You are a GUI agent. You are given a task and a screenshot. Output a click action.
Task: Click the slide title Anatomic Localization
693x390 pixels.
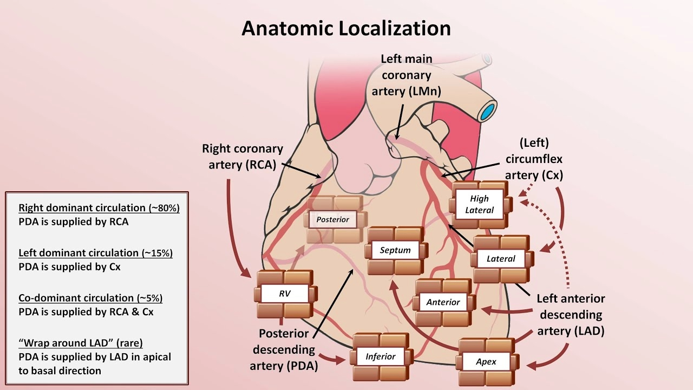pyautogui.click(x=346, y=28)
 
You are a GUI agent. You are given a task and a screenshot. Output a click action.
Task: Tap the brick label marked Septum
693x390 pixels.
pyautogui.click(x=395, y=250)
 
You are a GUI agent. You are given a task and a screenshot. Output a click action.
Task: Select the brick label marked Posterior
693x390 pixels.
pyautogui.click(x=333, y=219)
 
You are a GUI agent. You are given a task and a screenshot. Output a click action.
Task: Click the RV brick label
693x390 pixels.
pyautogui.click(x=285, y=294)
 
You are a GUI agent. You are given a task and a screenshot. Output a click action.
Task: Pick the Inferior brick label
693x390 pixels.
pyautogui.click(x=381, y=356)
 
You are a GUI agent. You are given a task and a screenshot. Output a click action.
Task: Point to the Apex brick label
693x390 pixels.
pyautogui.click(x=486, y=361)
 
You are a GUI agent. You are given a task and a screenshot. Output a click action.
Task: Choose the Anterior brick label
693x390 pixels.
pyautogui.click(x=443, y=302)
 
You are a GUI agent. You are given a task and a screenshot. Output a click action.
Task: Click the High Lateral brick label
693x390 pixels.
pyautogui.click(x=479, y=204)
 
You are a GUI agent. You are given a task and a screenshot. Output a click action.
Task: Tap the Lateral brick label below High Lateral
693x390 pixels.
pyautogui.click(x=501, y=258)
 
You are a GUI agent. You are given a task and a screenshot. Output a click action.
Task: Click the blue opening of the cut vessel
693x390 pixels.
pyautogui.click(x=488, y=111)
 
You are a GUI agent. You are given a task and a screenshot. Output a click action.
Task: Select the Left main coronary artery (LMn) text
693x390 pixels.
pyautogui.click(x=406, y=75)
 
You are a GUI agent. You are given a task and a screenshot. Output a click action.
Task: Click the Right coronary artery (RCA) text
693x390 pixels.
pyautogui.click(x=243, y=156)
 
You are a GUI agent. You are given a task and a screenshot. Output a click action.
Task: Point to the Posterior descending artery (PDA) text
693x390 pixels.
pyautogui.click(x=284, y=350)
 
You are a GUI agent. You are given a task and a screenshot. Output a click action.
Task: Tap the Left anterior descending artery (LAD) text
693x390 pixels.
pyautogui.click(x=570, y=315)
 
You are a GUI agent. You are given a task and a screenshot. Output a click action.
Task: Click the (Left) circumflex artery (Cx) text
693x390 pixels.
pyautogui.click(x=534, y=159)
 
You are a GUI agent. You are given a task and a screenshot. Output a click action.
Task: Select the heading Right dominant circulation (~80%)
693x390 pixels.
pyautogui.click(x=99, y=208)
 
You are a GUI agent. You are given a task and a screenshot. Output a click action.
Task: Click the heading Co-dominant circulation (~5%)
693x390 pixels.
pyautogui.click(x=90, y=298)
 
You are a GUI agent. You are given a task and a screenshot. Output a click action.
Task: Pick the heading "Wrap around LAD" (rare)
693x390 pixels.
pyautogui.click(x=81, y=343)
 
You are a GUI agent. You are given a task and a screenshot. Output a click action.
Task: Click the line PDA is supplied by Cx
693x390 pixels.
pyautogui.click(x=69, y=266)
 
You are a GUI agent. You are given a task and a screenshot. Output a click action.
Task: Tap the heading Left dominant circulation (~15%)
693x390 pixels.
pyautogui.click(x=95, y=253)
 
